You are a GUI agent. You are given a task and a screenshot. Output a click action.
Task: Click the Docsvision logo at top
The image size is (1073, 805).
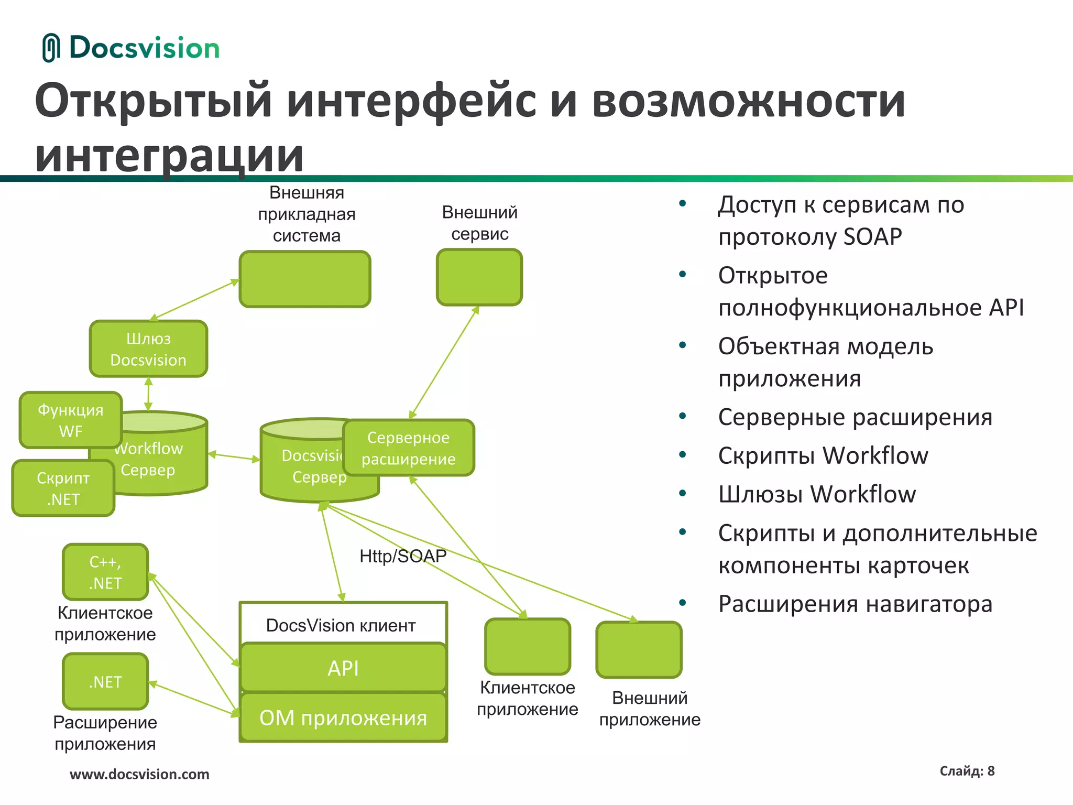(x=131, y=48)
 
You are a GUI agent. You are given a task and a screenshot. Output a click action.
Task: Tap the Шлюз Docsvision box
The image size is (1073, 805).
(x=148, y=349)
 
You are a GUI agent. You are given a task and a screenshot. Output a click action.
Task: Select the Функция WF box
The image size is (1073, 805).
(x=70, y=420)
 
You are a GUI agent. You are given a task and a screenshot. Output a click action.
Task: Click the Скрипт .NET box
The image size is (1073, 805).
(x=63, y=488)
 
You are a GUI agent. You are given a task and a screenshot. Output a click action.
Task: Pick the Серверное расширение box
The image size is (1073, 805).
(x=409, y=448)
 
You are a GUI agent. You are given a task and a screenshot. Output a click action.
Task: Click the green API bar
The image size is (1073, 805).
(x=343, y=668)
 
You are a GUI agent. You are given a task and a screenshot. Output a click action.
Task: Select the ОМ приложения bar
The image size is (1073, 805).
(x=343, y=717)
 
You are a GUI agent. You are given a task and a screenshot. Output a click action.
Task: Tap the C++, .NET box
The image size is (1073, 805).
(x=105, y=572)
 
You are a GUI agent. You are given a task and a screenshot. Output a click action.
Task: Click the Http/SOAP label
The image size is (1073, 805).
(x=403, y=556)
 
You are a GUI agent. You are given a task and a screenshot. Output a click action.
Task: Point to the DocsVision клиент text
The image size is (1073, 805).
(x=341, y=625)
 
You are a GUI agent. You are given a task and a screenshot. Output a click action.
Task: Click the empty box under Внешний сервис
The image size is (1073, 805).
(x=479, y=277)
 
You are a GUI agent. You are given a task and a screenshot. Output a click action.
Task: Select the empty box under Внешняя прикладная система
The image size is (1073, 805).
(x=305, y=279)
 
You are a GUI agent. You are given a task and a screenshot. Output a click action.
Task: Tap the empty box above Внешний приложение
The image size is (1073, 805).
(x=639, y=650)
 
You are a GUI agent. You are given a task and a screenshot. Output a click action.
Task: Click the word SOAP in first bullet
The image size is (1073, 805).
(x=872, y=237)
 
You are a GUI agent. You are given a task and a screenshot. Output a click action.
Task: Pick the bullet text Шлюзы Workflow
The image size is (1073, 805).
(x=817, y=494)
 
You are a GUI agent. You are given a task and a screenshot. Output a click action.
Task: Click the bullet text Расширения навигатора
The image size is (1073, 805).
(x=855, y=604)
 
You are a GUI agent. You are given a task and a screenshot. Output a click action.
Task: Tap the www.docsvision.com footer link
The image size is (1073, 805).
(x=139, y=774)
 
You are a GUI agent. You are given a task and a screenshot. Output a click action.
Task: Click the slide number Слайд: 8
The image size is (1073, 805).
(x=967, y=771)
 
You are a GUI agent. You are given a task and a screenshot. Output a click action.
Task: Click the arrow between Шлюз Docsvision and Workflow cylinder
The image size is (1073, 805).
(x=148, y=394)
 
